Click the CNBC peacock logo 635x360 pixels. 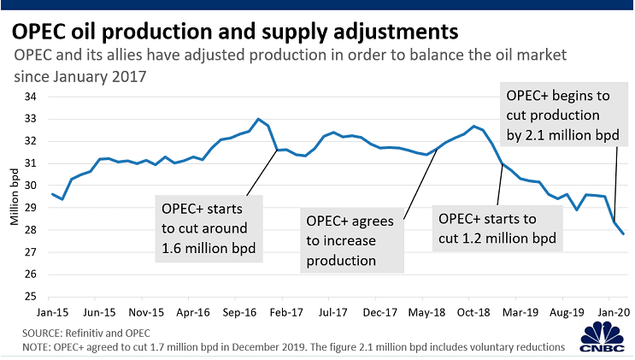(x=603, y=337)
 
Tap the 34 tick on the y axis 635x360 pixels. (x=31, y=97)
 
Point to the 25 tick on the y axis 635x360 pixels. (x=31, y=297)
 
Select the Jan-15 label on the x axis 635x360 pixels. (x=52, y=313)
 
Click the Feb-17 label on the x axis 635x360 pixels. (x=286, y=313)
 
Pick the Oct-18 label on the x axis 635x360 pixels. (x=473, y=313)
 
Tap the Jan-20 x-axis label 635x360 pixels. (x=614, y=313)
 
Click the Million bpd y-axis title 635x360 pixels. (x=15, y=197)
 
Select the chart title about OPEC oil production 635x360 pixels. (x=235, y=32)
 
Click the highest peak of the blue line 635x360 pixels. (x=258, y=119)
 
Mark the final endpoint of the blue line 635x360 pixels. (x=623, y=233)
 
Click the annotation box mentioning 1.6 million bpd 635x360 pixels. (x=209, y=228)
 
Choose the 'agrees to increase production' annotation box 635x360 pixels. (x=352, y=240)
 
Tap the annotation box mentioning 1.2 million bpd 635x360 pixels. (x=497, y=228)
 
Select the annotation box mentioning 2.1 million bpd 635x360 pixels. (x=564, y=115)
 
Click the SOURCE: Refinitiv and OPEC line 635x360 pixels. (x=86, y=333)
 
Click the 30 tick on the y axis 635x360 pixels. (x=31, y=186)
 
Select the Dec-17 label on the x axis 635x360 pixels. (x=379, y=313)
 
